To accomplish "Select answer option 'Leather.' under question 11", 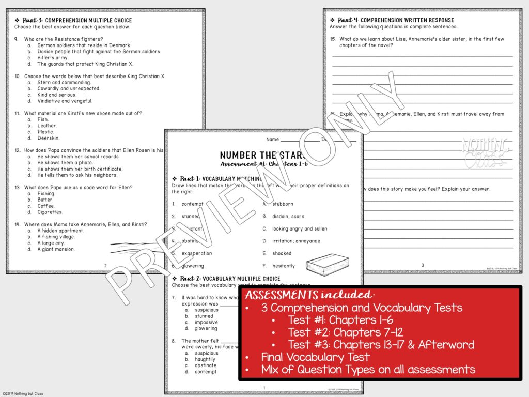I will point(47,126).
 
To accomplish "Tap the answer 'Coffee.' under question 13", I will point(45,206).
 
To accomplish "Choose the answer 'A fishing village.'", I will point(56,237).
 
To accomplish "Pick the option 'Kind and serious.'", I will point(56,95).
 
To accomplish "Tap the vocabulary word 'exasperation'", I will point(196,253).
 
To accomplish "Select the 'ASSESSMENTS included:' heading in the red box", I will point(309,295).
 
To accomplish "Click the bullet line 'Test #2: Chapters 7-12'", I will point(346,332).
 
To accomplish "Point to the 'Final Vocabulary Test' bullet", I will point(315,357).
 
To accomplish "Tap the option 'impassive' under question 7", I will point(206,322).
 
